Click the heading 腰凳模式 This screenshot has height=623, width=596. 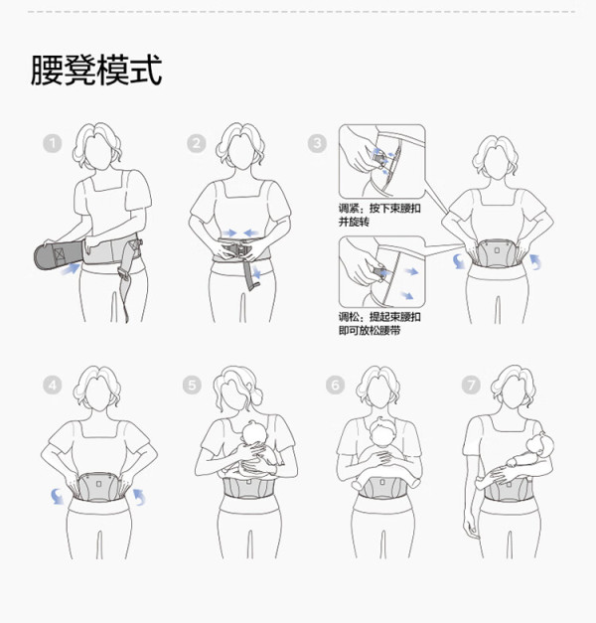96,70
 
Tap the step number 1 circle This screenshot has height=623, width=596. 53,143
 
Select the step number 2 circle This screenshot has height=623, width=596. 197,143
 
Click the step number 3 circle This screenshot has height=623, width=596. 317,143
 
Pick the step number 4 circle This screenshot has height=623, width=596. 53,385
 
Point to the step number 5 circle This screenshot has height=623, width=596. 192,385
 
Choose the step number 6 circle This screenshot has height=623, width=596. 335,385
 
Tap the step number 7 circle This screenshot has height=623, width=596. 471,385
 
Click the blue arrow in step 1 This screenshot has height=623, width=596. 71,269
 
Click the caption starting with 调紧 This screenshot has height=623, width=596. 379,215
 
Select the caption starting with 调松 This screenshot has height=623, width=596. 379,323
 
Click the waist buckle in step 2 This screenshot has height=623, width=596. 236,251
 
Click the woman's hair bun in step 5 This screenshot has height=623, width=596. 256,394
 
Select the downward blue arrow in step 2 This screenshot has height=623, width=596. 257,272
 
